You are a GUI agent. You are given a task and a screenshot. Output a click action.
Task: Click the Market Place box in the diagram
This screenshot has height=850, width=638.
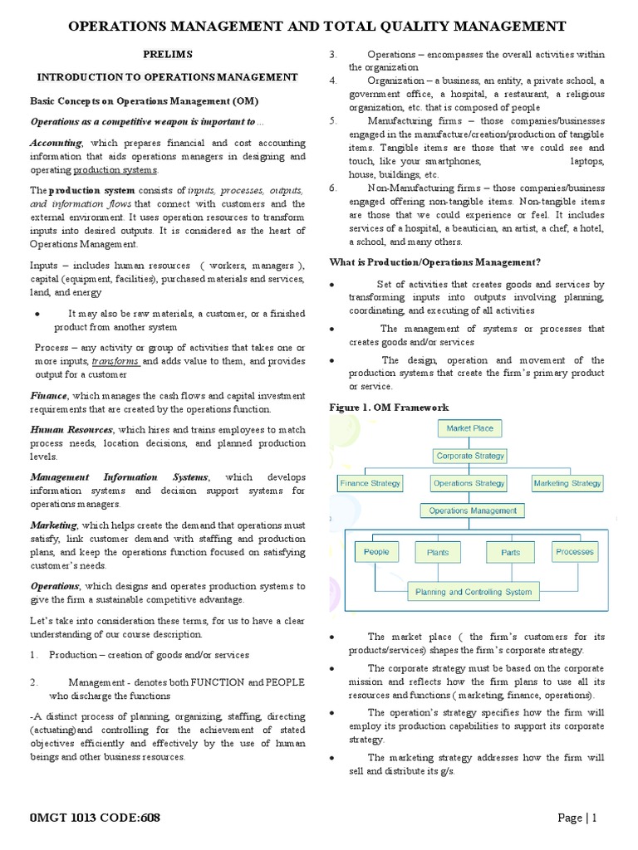[469, 429]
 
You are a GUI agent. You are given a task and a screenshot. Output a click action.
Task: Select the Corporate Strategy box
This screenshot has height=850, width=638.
[470, 456]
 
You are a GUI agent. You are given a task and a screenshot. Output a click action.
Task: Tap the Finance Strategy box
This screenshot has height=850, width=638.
[370, 483]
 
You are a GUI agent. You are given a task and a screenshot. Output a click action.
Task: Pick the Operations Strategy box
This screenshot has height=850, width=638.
[469, 483]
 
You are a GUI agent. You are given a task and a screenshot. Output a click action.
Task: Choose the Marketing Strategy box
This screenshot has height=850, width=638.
[567, 483]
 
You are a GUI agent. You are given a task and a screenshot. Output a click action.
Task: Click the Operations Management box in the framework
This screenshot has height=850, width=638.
[473, 511]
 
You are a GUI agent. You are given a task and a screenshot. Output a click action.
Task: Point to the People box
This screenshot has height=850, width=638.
[376, 552]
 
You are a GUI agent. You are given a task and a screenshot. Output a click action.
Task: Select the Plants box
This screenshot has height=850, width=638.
[438, 552]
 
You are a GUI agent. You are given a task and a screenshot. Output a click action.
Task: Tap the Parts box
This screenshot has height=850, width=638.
[510, 552]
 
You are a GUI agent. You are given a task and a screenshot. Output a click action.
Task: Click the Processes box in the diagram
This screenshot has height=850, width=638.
[575, 552]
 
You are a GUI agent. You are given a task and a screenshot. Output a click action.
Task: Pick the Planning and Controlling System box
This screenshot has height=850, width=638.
[474, 592]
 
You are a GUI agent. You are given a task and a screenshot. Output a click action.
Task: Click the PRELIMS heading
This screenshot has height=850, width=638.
[168, 54]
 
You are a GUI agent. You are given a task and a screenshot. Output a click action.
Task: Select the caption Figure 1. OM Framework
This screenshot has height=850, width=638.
[389, 408]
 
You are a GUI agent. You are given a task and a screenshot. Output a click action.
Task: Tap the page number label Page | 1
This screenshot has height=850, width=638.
[577, 818]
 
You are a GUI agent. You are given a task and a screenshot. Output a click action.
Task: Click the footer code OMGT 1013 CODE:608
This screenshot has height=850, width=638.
[96, 818]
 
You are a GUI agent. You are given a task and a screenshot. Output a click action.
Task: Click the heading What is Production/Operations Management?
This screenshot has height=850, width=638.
[435, 262]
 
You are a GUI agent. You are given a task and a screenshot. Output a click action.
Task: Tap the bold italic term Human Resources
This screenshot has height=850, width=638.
[72, 430]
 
